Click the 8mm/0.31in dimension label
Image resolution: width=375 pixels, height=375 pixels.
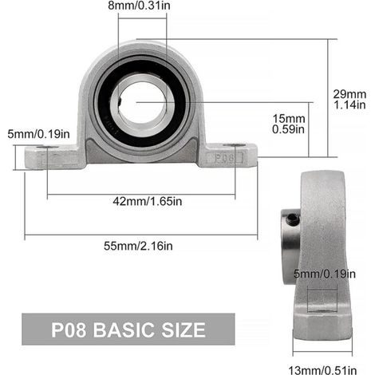[139, 6]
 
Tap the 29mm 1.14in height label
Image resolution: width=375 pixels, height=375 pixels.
[349, 100]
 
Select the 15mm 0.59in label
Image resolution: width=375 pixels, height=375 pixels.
[289, 124]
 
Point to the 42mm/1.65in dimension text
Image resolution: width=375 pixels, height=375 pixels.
[148, 201]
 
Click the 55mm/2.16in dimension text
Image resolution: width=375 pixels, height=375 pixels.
[138, 246]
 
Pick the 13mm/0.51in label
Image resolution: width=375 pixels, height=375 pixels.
[322, 370]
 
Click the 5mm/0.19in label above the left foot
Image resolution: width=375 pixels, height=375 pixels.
[38, 134]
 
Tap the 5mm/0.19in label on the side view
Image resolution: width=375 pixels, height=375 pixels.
[325, 274]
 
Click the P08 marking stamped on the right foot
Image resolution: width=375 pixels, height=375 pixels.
[225, 158]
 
